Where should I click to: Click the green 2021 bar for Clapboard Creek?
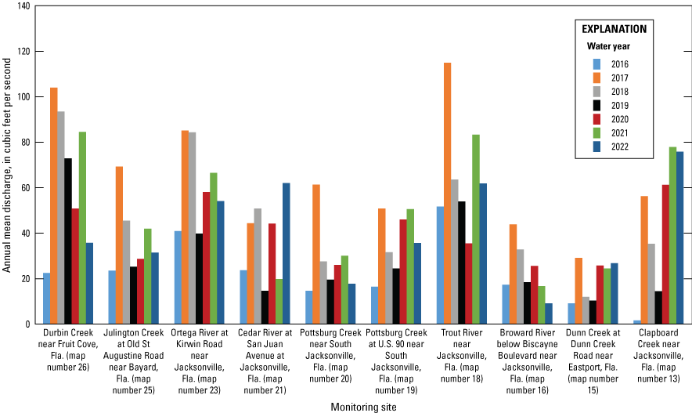click(672, 235)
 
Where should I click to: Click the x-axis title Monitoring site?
click(362, 406)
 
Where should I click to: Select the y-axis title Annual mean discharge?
click(7, 165)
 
